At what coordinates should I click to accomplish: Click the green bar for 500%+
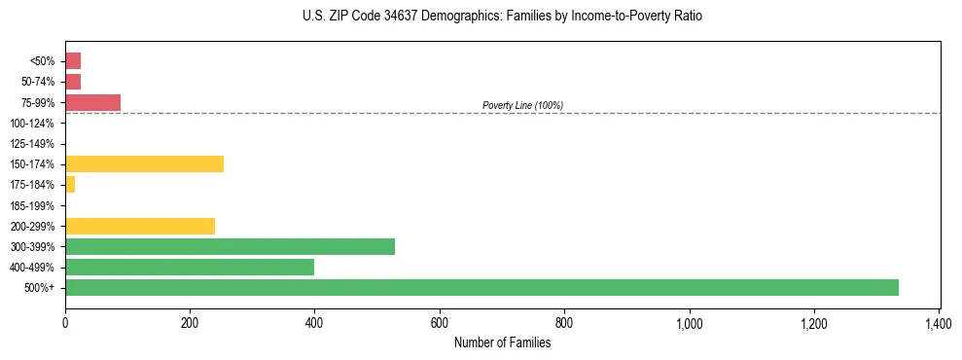(481, 287)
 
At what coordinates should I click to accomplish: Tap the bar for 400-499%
(190, 267)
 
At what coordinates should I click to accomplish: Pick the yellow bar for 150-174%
(144, 163)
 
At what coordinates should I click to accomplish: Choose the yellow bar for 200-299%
(140, 226)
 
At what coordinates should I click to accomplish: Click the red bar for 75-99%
(92, 102)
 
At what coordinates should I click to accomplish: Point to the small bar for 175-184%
(70, 184)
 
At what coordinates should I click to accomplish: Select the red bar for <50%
(73, 60)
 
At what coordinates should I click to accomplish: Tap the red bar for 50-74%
(73, 81)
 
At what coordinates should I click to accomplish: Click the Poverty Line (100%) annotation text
(522, 105)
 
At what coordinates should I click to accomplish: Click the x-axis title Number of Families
(502, 342)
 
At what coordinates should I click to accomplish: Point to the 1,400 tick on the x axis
(939, 321)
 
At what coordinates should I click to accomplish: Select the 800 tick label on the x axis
(564, 321)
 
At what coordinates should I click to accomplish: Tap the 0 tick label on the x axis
(65, 321)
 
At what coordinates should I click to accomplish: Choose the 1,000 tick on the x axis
(689, 321)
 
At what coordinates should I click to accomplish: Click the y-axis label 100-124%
(32, 123)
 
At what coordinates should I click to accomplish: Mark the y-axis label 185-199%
(32, 205)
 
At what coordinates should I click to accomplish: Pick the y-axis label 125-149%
(32, 143)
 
